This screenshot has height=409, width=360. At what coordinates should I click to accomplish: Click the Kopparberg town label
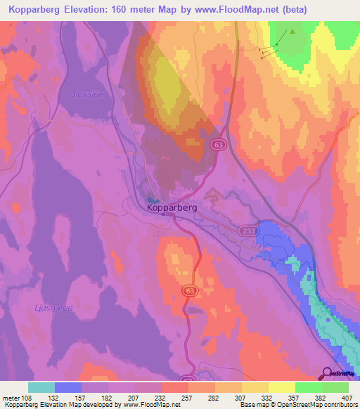tap(173, 208)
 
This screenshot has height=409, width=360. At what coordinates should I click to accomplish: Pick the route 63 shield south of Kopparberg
tap(188, 290)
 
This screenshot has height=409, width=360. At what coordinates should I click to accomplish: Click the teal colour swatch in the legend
tap(41, 387)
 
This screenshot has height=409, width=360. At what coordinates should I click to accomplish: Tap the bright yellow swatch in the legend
tap(281, 387)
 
